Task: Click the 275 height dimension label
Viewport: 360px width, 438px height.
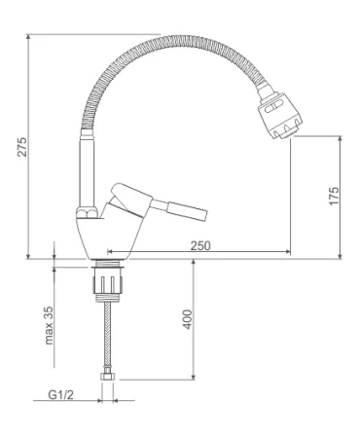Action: (22, 147)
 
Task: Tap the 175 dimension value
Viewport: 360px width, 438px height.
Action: (334, 196)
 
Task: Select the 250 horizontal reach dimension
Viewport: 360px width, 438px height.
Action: (200, 245)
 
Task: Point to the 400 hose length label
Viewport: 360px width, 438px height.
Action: (188, 319)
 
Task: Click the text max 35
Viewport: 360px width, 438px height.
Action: (49, 325)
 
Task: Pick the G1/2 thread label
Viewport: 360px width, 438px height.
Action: (61, 394)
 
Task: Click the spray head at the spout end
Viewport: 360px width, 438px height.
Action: (279, 114)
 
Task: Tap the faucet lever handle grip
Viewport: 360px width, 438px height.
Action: (187, 211)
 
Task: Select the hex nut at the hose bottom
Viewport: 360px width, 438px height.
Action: (107, 377)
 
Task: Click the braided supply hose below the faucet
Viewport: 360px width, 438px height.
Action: (107, 338)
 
